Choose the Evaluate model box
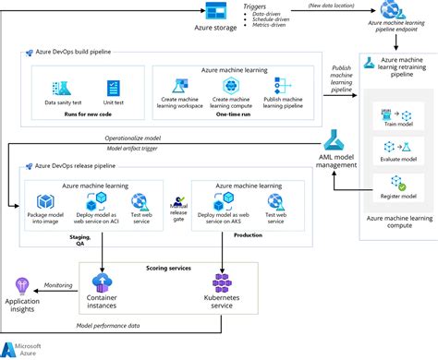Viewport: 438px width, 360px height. (394, 150)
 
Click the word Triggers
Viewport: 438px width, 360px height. (253, 6)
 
